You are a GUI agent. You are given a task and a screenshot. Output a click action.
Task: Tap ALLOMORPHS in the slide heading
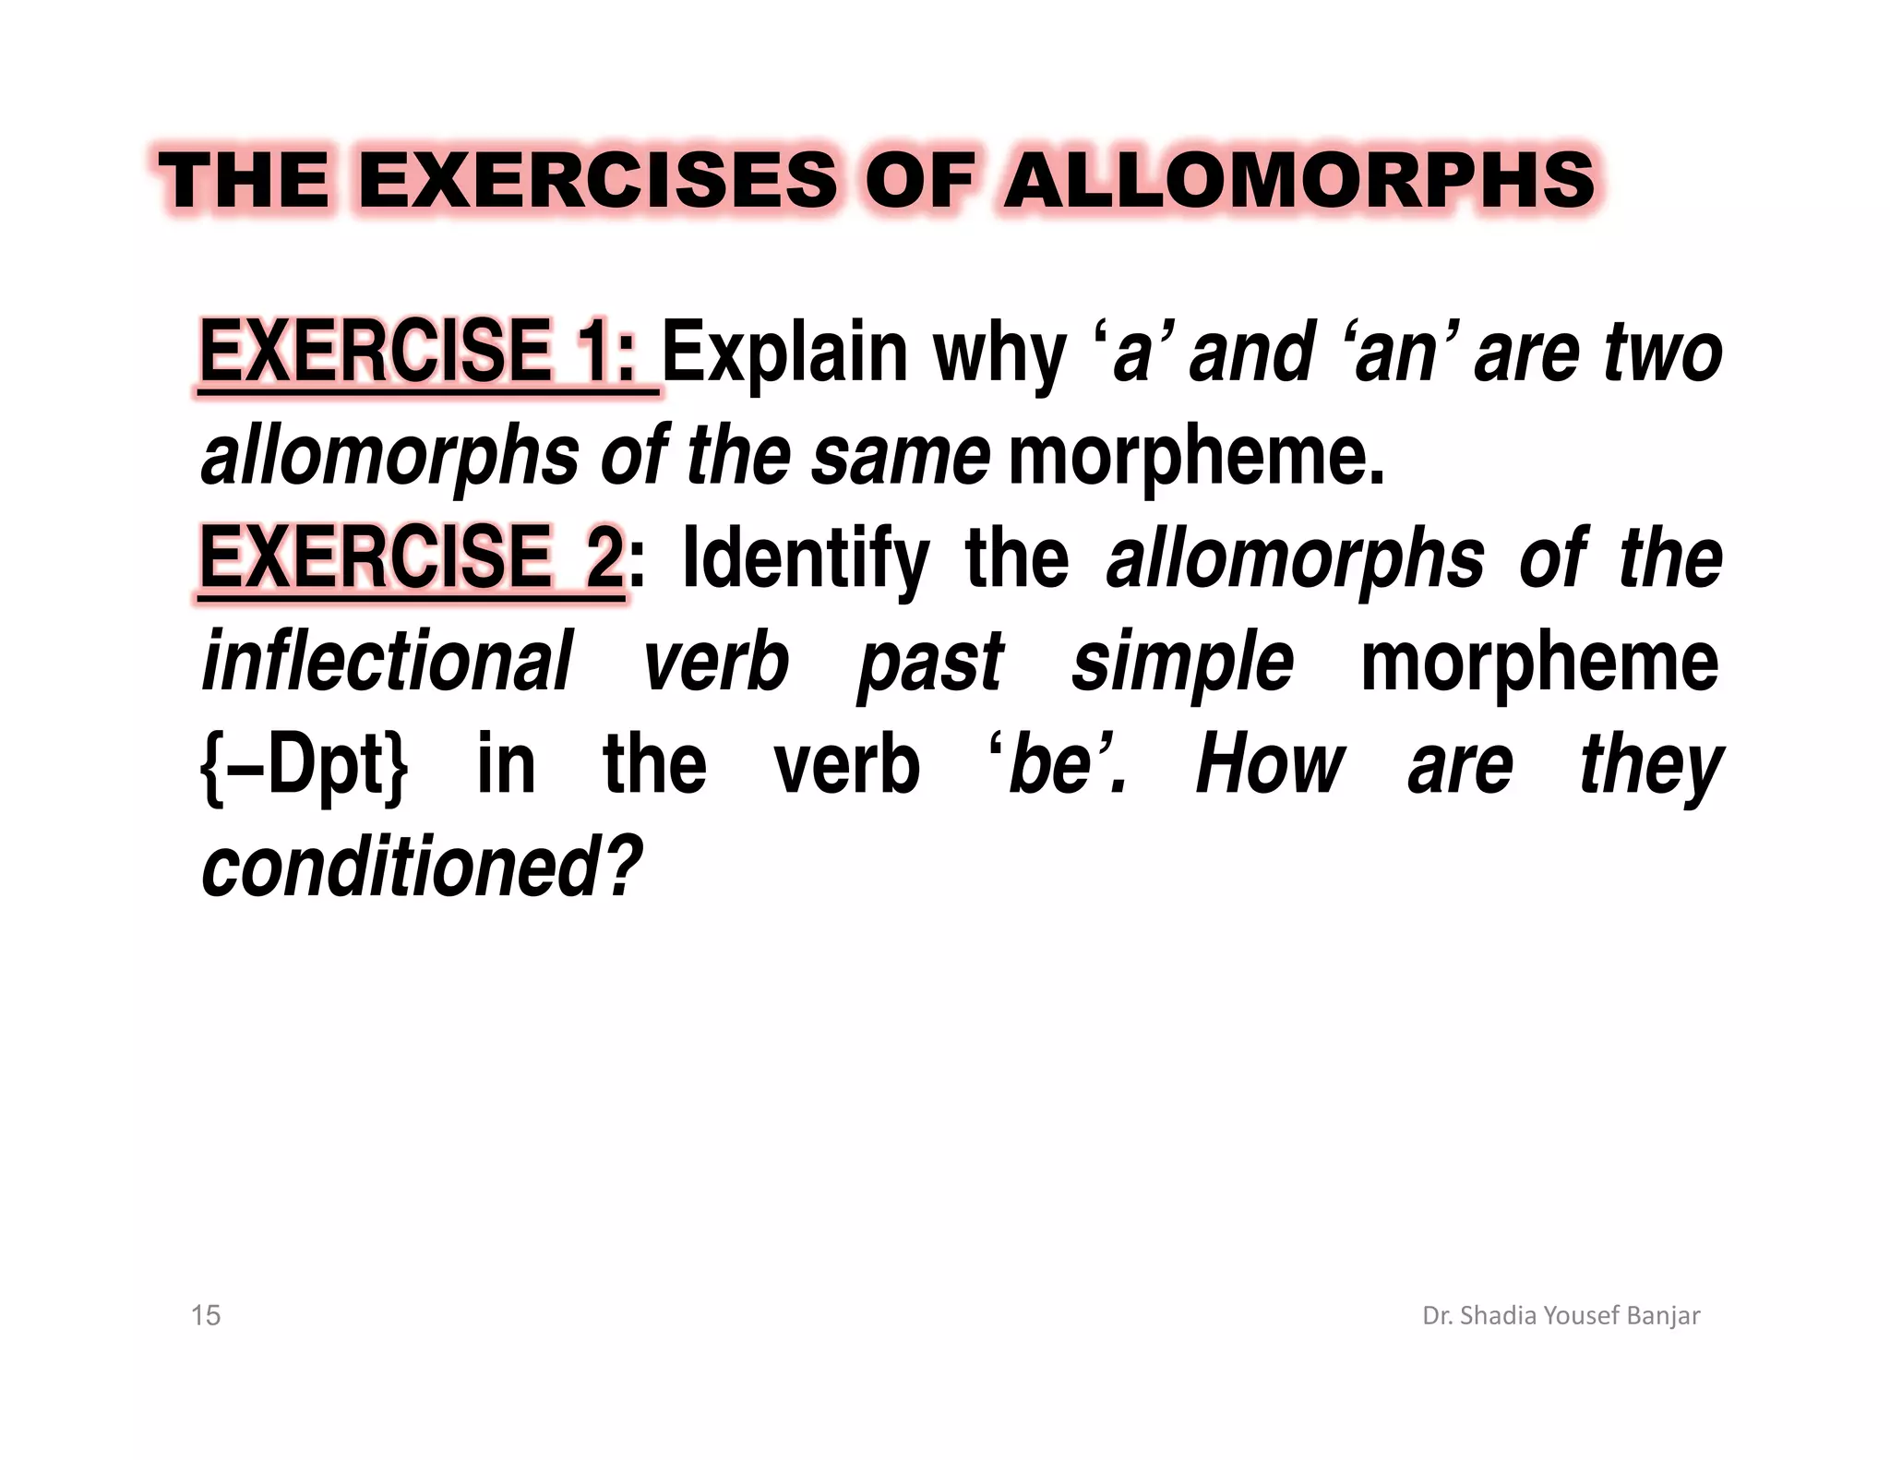(x=1299, y=180)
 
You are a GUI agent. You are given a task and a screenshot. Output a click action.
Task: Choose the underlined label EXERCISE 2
(x=412, y=557)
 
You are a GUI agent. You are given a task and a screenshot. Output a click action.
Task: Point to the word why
(x=999, y=353)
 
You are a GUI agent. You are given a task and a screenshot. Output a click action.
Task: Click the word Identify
(x=805, y=559)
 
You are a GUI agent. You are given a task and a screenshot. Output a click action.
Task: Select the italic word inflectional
(x=387, y=661)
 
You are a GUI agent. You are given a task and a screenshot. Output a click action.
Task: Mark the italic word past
(x=930, y=663)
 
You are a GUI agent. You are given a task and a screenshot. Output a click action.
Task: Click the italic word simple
(x=1182, y=663)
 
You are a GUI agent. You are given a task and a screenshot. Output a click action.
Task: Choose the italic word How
(x=1270, y=765)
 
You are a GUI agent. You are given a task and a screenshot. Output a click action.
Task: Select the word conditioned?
(x=421, y=867)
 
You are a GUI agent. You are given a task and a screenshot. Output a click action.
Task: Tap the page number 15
(x=206, y=1315)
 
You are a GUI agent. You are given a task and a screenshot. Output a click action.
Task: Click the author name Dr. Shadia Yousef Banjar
(x=1561, y=1315)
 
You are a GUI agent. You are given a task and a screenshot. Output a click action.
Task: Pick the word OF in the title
(x=918, y=180)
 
